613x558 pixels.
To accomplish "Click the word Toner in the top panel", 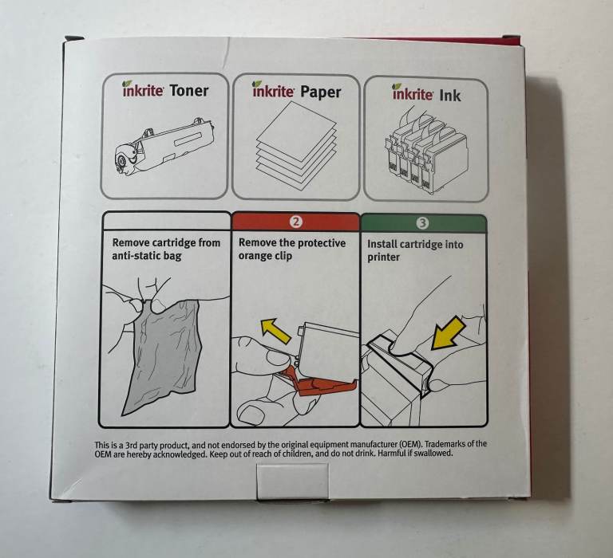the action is click(189, 91).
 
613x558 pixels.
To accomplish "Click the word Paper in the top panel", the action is click(321, 92).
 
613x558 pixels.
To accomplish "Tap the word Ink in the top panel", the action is click(450, 96).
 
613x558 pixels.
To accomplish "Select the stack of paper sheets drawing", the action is click(296, 146).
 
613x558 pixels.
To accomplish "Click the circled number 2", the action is click(295, 222).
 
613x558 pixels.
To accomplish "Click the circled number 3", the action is click(422, 223).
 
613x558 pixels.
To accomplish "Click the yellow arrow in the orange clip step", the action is click(276, 330).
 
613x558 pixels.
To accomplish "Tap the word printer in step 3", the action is click(383, 257).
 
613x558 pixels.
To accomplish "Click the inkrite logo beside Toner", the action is click(143, 89).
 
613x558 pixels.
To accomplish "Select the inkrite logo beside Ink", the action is click(413, 93).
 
